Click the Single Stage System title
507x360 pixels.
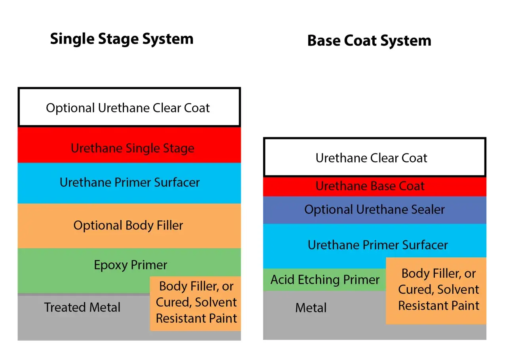point(122,39)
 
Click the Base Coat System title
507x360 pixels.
point(369,40)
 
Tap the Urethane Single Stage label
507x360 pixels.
point(132,148)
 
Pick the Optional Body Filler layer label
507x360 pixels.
point(128,226)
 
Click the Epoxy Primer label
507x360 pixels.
point(130,265)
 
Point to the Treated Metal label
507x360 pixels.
point(82,307)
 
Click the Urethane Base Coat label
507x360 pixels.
point(370,186)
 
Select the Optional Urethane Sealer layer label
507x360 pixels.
point(374,209)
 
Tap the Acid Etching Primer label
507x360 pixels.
point(325,280)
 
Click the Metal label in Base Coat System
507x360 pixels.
point(311,308)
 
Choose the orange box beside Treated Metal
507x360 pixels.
point(196,303)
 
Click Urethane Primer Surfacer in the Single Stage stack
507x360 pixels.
point(130,182)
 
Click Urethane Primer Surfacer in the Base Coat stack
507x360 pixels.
point(377,245)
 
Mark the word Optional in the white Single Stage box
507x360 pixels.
point(70,108)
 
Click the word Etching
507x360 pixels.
point(317,280)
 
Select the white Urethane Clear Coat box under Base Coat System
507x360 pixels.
point(374,158)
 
